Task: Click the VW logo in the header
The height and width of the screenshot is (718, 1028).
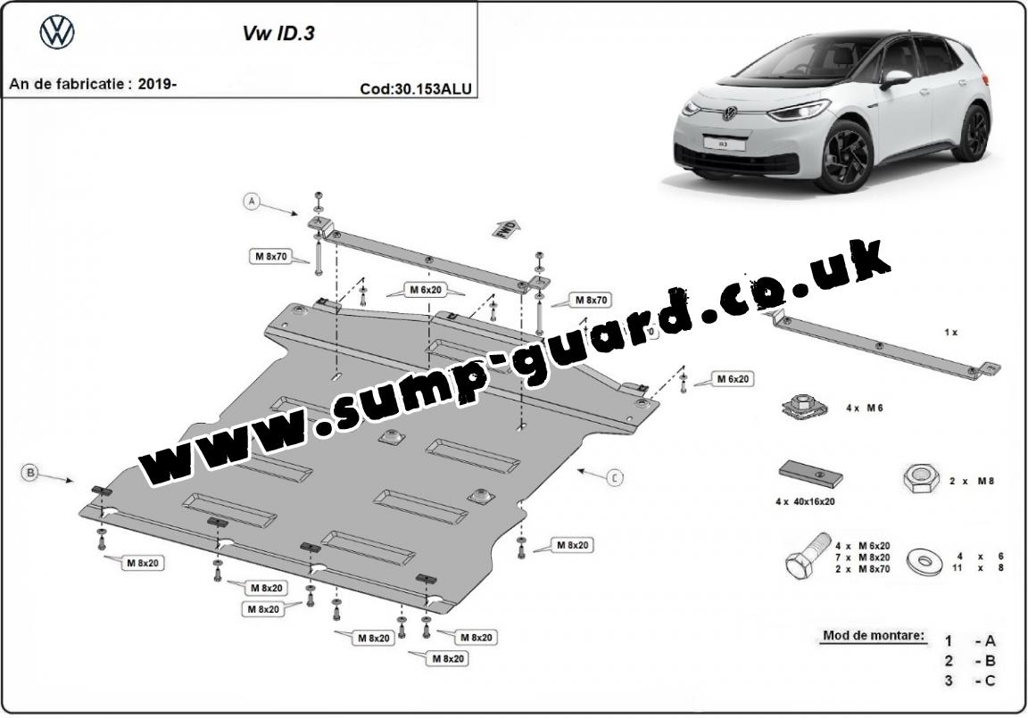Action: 58,33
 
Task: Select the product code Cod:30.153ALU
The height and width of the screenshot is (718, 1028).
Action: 415,88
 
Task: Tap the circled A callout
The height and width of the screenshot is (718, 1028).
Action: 253,202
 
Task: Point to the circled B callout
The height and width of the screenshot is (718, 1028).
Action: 30,474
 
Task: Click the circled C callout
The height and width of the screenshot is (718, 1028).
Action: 615,479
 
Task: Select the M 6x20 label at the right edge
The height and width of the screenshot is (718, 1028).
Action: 733,379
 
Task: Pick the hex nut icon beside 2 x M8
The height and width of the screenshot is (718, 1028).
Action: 919,481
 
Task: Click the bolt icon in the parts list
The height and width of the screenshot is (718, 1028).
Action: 802,557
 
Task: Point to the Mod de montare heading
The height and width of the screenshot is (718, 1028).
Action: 874,637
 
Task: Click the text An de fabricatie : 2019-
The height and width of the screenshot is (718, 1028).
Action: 93,85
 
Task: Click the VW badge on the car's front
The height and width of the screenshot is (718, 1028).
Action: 729,113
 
